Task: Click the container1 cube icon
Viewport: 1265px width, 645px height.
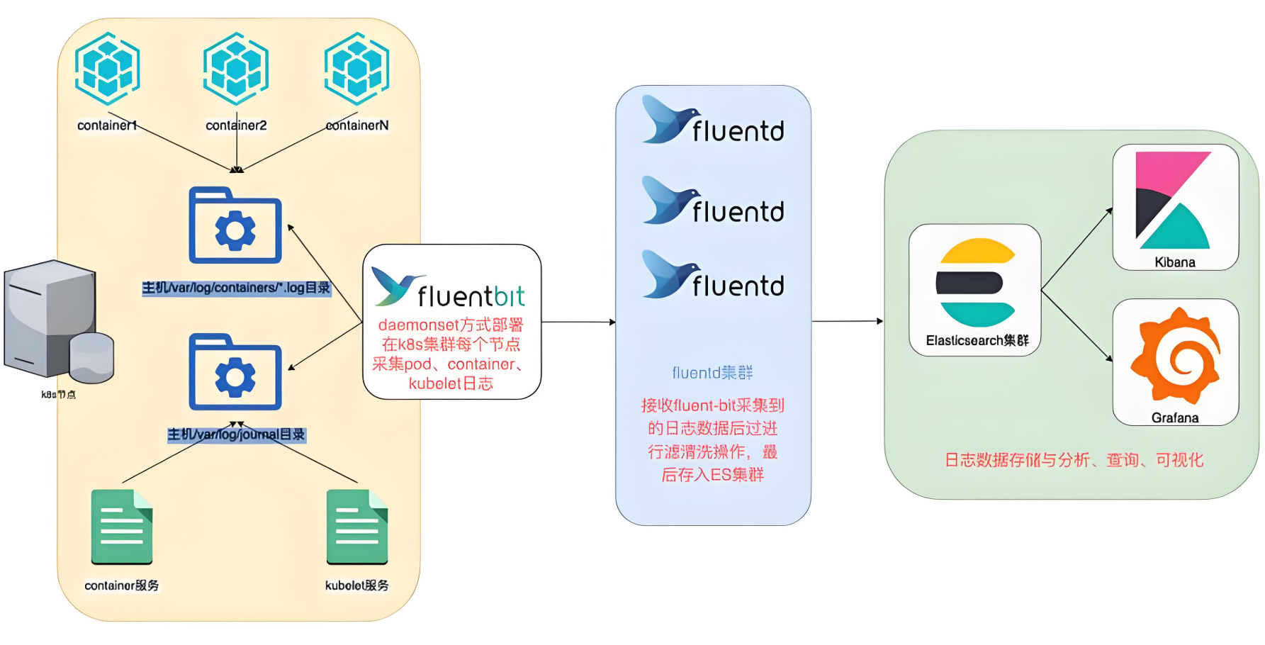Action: [108, 69]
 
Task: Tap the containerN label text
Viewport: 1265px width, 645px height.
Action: [357, 125]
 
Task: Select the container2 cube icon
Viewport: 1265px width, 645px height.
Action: [236, 69]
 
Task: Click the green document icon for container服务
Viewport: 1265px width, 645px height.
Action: [122, 527]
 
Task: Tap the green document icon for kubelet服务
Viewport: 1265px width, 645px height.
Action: [357, 527]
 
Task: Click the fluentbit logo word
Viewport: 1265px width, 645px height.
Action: [471, 296]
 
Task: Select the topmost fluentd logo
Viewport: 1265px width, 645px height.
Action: [713, 120]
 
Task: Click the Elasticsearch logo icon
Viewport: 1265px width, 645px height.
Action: [975, 282]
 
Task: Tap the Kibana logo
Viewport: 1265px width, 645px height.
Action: [1174, 200]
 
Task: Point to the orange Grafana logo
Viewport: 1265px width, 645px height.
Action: [1175, 357]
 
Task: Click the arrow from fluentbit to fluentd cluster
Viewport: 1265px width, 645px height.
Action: [578, 322]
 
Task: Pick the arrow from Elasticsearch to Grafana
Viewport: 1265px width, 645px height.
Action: [1076, 326]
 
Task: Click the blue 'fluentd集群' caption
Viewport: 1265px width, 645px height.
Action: [712, 373]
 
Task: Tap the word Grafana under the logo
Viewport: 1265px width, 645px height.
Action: [1175, 418]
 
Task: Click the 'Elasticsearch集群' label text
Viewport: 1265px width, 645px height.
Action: [977, 341]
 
